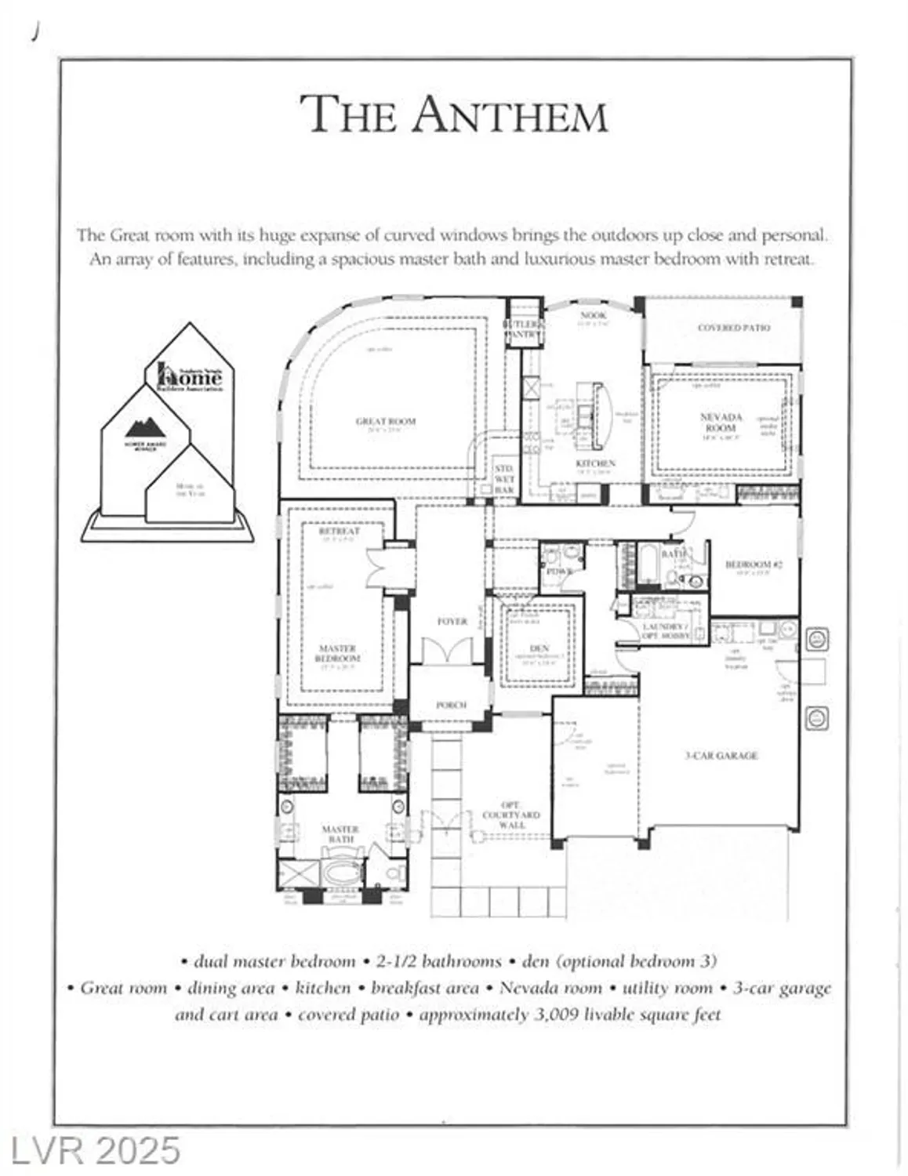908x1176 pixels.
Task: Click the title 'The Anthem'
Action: coord(454,114)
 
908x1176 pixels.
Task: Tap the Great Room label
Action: coord(386,422)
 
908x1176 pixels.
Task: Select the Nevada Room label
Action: coord(721,422)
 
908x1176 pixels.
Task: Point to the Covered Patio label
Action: coord(734,328)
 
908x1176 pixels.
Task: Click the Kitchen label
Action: coord(595,464)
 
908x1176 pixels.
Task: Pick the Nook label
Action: coord(594,315)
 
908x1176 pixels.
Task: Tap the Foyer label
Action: coord(452,621)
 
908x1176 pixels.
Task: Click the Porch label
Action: coord(451,705)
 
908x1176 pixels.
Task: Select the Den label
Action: coord(539,648)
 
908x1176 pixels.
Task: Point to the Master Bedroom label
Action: coord(338,653)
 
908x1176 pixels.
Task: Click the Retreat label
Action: coord(339,531)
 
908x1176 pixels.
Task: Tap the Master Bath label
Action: coord(340,833)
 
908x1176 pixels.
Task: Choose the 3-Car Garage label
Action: coord(721,756)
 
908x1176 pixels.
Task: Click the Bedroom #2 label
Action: coord(753,564)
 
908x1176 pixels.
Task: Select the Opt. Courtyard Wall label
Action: coord(510,815)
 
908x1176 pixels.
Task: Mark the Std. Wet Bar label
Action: coord(504,478)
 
